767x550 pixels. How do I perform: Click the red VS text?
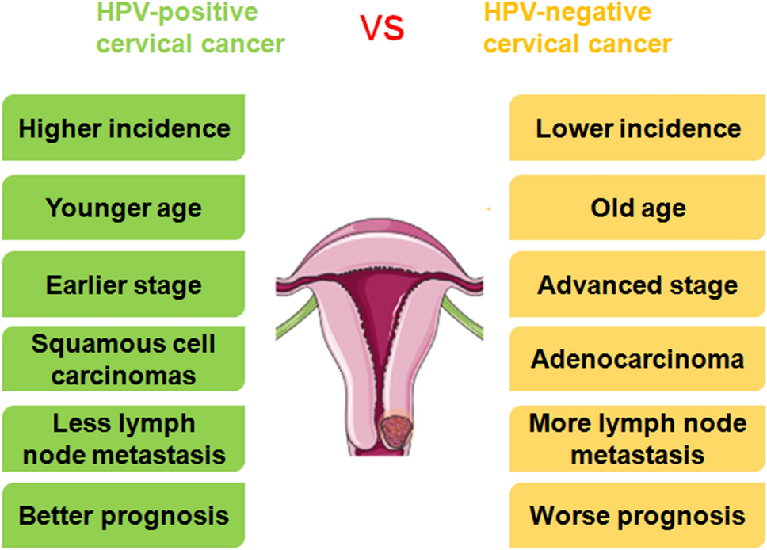383,27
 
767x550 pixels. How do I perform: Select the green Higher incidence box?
124,128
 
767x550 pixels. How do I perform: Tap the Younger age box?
124,208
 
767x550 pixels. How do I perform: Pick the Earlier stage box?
124,285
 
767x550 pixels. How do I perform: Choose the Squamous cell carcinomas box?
124,359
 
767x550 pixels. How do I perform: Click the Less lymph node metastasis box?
124,439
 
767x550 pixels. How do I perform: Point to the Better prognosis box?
124,516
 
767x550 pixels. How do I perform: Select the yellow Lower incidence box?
638,128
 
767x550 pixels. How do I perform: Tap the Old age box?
638,208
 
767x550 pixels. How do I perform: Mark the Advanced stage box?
638,285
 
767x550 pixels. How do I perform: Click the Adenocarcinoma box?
638,359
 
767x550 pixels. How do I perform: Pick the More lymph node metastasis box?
638,439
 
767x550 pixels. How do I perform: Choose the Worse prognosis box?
638,516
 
